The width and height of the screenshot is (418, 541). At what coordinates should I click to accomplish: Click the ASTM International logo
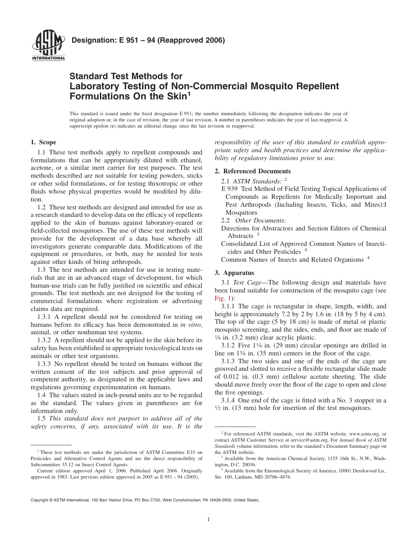coord(48,47)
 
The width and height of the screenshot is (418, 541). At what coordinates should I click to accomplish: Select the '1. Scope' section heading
coord(43,142)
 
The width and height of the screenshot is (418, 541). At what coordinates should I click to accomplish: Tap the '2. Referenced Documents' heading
coord(253,171)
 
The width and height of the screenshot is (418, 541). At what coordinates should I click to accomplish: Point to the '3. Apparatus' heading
coord(235,272)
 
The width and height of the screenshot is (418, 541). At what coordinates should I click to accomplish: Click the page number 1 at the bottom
coord(209,519)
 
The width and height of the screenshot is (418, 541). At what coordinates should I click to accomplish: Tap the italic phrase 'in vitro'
coord(190,325)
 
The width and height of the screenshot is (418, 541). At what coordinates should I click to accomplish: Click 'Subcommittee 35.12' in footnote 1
coord(52,464)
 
